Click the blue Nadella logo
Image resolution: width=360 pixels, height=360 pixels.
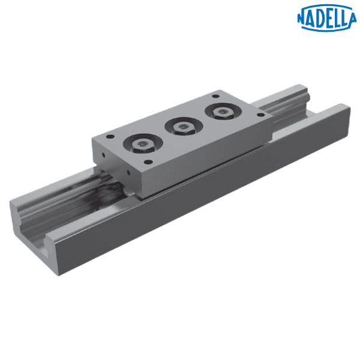(x=327, y=18)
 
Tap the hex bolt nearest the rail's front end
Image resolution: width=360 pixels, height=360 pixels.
(x=143, y=146)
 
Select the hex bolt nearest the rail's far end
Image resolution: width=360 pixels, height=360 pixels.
(x=223, y=113)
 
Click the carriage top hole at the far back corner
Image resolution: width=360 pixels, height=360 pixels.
(x=215, y=96)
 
